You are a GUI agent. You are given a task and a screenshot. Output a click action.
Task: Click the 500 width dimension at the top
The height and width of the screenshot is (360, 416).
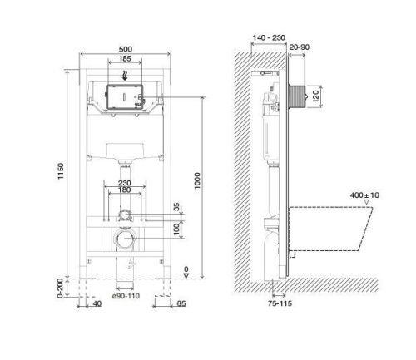(x=125, y=48)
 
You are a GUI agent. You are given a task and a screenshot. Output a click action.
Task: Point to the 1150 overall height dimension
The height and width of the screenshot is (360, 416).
(x=58, y=170)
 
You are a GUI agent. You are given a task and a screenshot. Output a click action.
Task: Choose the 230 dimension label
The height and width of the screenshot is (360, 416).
(x=125, y=183)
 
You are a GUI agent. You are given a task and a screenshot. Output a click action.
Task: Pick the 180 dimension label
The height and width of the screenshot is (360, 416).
(x=125, y=192)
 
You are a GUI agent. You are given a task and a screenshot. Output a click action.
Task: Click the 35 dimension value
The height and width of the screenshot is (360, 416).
(x=176, y=206)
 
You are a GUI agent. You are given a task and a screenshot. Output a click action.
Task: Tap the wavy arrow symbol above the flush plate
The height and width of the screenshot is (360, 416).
(x=125, y=73)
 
